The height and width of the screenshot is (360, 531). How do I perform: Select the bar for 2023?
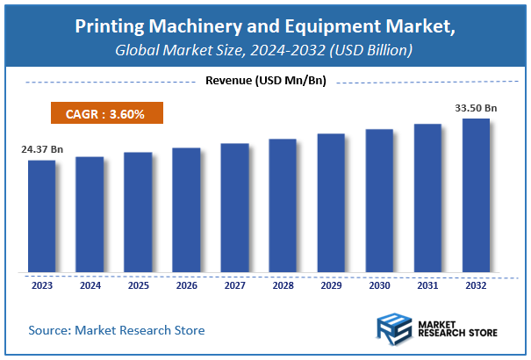[x=41, y=216]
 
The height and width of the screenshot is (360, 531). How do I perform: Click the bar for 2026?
[x=186, y=210]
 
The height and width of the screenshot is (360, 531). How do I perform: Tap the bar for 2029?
[x=331, y=203]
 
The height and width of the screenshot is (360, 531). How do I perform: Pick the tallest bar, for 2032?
[x=476, y=195]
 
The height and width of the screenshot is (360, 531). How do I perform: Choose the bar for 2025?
[x=138, y=212]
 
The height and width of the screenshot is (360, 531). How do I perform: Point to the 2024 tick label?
[x=90, y=284]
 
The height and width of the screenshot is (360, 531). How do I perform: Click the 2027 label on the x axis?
[x=234, y=284]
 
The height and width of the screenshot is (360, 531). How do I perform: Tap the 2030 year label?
[x=379, y=284]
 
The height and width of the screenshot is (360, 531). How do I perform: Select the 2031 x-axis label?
[x=427, y=284]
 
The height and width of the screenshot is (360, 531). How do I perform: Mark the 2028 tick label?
[x=283, y=284]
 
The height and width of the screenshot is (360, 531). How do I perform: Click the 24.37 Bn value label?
[x=42, y=149]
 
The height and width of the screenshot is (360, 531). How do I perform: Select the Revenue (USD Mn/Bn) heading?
[x=265, y=82]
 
